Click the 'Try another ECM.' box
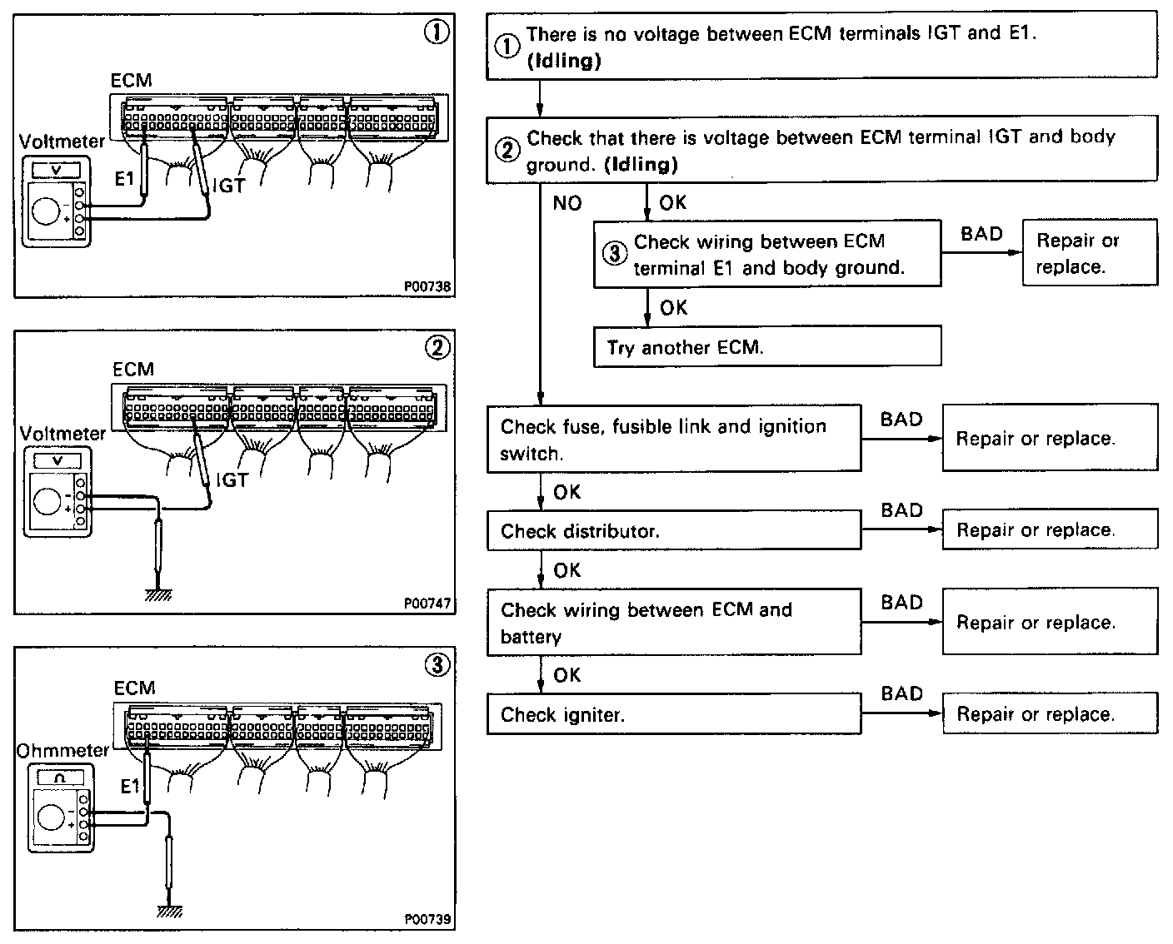tap(766, 346)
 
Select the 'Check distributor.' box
tap(673, 530)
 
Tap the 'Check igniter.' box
tap(673, 714)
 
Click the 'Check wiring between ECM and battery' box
tap(673, 623)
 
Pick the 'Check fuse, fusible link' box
tap(673, 439)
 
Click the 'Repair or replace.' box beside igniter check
tap(1050, 714)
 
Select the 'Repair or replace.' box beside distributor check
tap(1050, 530)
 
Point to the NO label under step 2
tap(567, 203)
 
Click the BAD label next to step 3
tap(981, 234)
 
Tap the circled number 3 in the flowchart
tap(614, 254)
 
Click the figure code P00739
tap(427, 919)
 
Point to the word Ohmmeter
tap(62, 750)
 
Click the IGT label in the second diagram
tap(232, 480)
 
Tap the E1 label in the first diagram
tap(124, 177)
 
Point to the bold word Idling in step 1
tap(564, 61)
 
